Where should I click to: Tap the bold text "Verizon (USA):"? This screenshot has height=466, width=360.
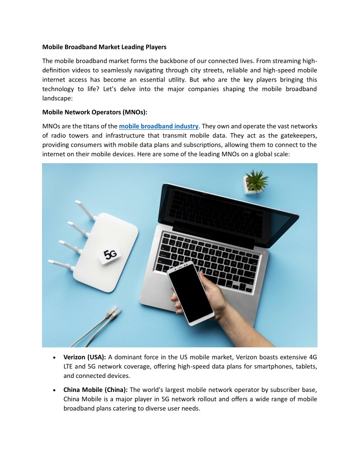[84, 357]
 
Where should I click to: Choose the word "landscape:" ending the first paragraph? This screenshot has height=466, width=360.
[60, 99]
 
